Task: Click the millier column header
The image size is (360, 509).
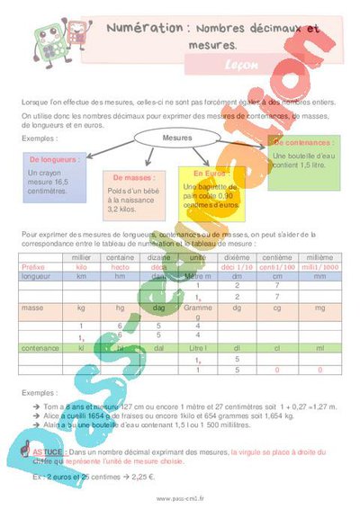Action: (82, 257)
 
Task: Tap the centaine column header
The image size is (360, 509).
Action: (120, 257)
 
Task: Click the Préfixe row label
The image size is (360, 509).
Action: (33, 267)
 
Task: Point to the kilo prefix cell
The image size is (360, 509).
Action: (82, 267)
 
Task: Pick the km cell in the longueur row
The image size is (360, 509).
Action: (82, 277)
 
